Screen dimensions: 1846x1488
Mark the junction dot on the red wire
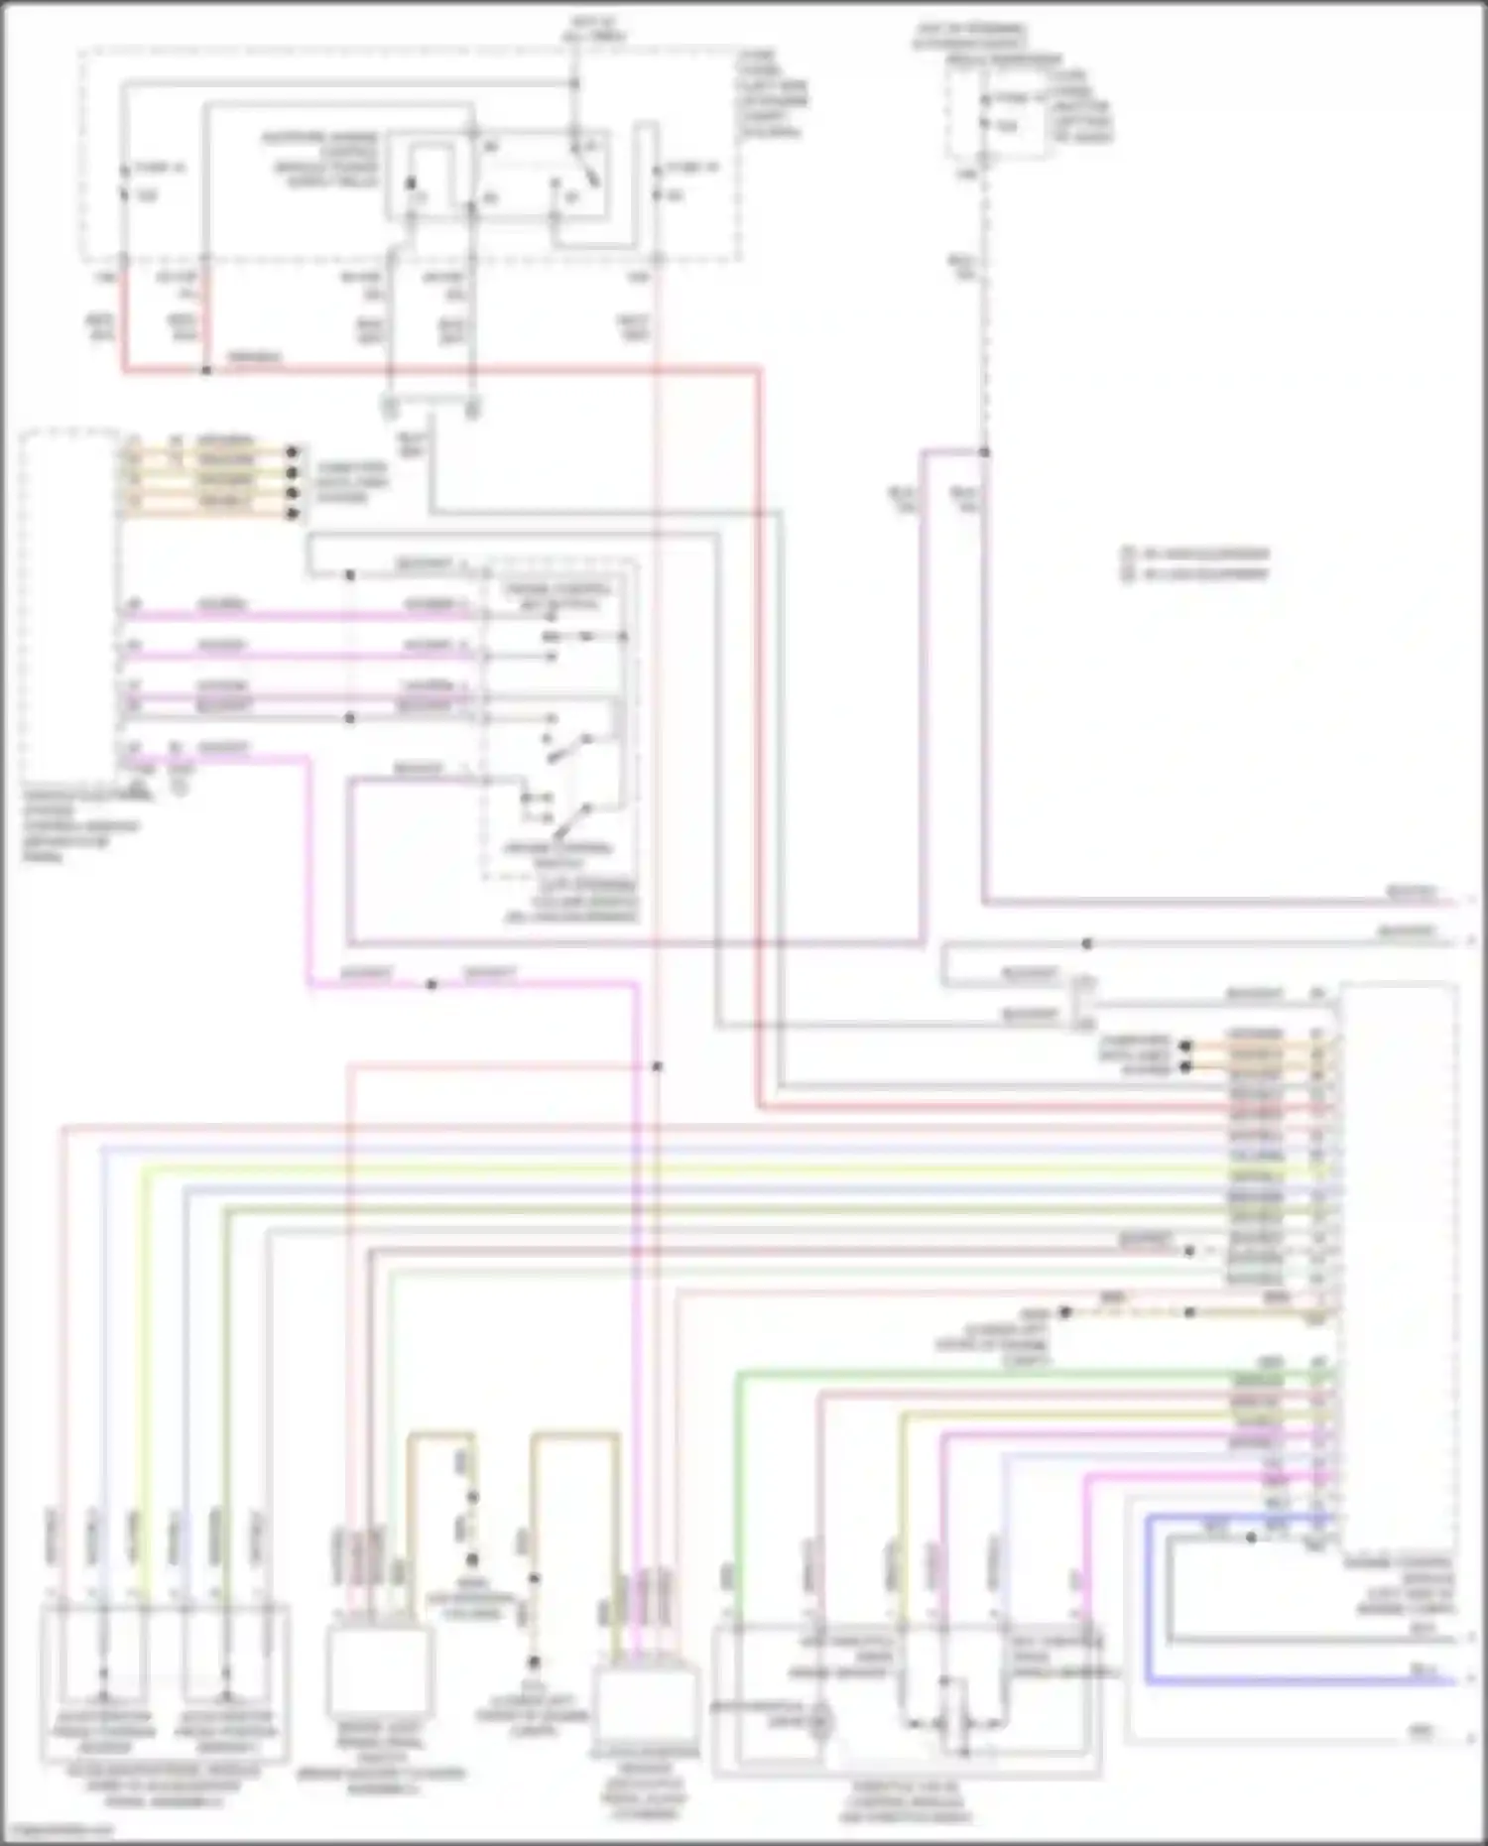pyautogui.click(x=206, y=370)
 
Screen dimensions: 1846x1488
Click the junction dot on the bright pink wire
pyautogui.click(x=431, y=984)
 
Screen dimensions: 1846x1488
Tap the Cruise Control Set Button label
pyautogui.click(x=557, y=596)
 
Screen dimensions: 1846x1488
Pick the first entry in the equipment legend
pyautogui.click(x=1196, y=554)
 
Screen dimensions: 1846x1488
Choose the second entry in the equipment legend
pyautogui.click(x=1196, y=573)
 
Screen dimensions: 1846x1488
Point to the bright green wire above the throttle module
pyautogui.click(x=992, y=1374)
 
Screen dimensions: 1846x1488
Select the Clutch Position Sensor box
pyautogui.click(x=645, y=1712)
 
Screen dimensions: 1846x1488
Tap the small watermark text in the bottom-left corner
pyautogui.click(x=60, y=1830)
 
